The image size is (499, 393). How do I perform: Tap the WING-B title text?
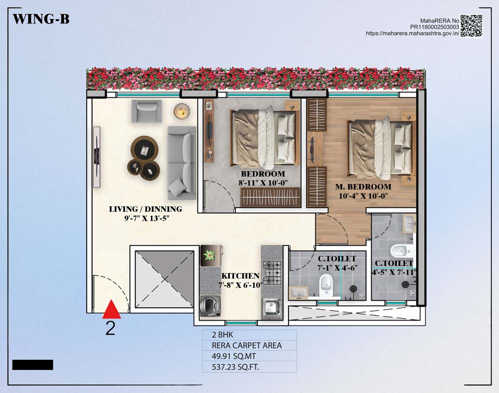tap(41, 19)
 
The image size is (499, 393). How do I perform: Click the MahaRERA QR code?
tap(472, 26)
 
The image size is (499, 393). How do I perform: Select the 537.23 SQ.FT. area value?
tap(236, 367)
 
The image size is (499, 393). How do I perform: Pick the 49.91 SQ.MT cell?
tap(234, 357)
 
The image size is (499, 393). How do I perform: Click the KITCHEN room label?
tap(241, 276)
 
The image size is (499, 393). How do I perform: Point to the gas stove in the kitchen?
tap(272, 273)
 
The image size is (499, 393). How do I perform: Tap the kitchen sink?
tap(271, 308)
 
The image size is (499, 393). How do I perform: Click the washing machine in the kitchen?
tap(210, 306)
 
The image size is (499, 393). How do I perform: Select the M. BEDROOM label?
tap(363, 187)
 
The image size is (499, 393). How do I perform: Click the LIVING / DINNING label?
tap(145, 209)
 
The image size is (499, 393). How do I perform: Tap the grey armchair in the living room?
tap(146, 111)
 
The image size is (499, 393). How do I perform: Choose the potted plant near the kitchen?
tap(210, 255)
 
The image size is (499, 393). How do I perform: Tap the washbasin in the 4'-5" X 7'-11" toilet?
tap(409, 223)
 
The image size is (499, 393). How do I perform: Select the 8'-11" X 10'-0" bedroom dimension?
tap(263, 183)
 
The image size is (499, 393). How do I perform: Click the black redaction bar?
tap(33, 365)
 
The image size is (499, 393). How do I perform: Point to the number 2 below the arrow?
tap(110, 328)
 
